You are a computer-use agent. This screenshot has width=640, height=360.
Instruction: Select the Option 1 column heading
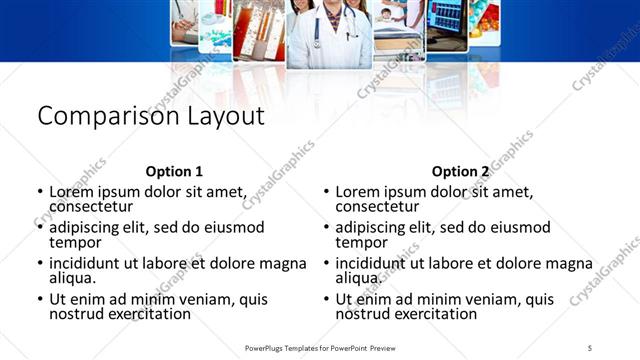(174, 171)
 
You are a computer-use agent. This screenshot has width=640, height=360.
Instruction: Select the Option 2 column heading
(461, 171)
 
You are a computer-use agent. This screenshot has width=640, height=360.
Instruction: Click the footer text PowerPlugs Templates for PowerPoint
(318, 347)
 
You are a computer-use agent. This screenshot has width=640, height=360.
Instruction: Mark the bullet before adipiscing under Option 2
(326, 228)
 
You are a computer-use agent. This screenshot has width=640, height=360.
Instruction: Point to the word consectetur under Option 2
(377, 207)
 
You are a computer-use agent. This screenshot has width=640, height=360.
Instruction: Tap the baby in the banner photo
(387, 15)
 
